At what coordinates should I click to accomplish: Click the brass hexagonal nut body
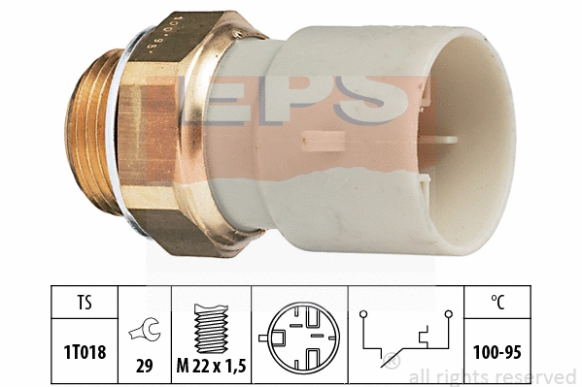(170, 136)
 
